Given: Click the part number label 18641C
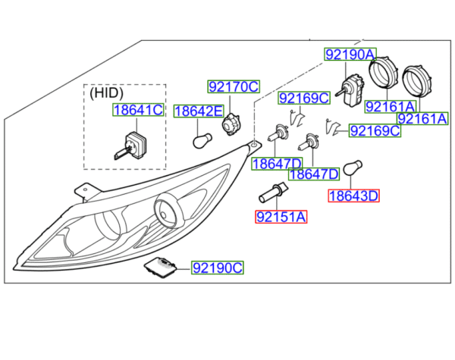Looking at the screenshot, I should coord(138,111).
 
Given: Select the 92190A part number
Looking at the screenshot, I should coord(350,55).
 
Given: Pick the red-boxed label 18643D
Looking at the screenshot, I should coord(353,196).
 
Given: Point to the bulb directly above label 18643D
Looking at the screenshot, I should coord(353,167).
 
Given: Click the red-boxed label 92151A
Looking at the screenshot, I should coord(281,218).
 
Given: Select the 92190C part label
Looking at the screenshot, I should coord(217,268).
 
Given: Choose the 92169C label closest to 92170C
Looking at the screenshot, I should coord(303,98).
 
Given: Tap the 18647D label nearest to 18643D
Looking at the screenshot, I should coord(312,174).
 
